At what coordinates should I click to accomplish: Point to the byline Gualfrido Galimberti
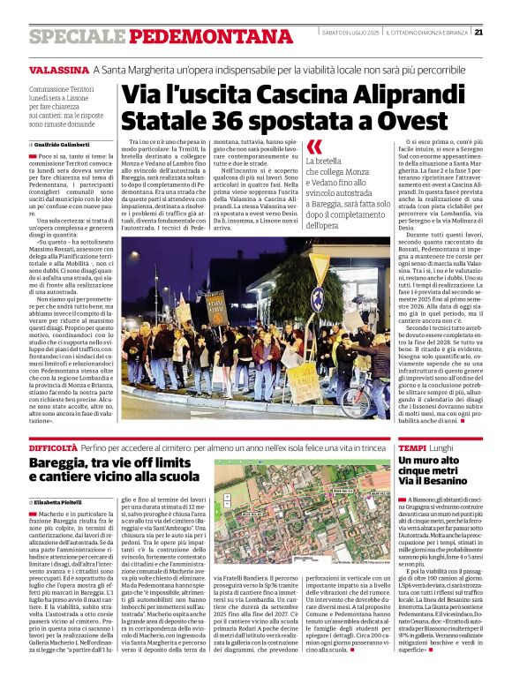tap(64, 144)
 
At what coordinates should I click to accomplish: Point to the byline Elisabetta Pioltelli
tap(64, 502)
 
